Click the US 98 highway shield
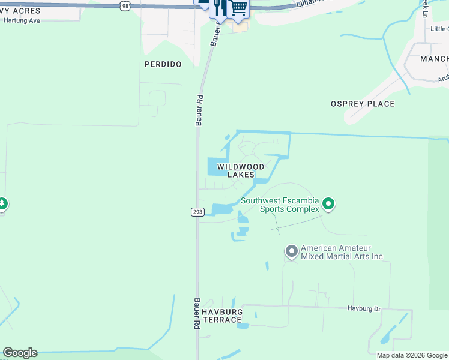point(124,5)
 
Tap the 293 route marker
point(197,212)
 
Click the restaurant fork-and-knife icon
point(220,7)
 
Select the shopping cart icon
point(238,7)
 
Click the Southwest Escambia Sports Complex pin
point(328,205)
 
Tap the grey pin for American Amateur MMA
point(292,251)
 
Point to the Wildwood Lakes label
point(240,170)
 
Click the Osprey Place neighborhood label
point(363,104)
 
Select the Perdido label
point(163,64)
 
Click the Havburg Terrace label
point(222,316)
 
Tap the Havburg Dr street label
point(364,308)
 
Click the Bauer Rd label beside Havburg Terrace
point(196,313)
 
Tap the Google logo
point(20,353)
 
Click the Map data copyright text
point(412,355)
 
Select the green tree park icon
point(2,204)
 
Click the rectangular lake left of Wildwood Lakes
point(215,166)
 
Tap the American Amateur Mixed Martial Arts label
point(342,252)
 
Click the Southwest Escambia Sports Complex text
point(280,205)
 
